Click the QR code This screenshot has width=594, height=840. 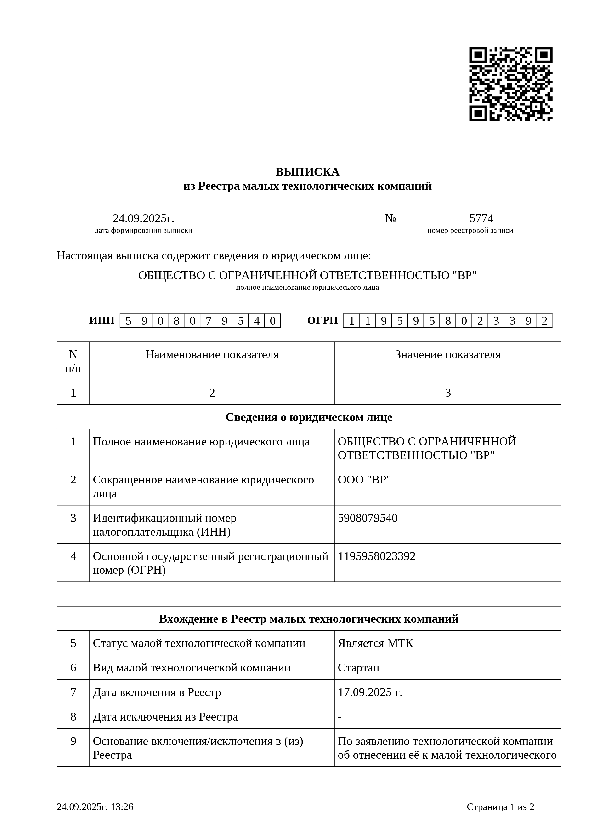point(511,84)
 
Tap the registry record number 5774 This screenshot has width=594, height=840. point(481,218)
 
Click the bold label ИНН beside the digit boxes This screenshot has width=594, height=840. point(102,320)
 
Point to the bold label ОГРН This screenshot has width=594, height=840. point(322,320)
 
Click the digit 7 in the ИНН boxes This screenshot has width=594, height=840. point(209,321)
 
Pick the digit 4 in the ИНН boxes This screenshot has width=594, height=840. point(256,321)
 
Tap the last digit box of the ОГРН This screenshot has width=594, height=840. point(544,321)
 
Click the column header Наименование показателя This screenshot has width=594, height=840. point(212,355)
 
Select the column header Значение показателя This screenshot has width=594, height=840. point(448,355)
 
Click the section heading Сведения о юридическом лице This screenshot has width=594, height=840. point(309,417)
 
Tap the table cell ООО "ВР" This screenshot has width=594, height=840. point(364,480)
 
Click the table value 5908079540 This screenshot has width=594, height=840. point(367,518)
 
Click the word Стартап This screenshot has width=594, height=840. point(358,668)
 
